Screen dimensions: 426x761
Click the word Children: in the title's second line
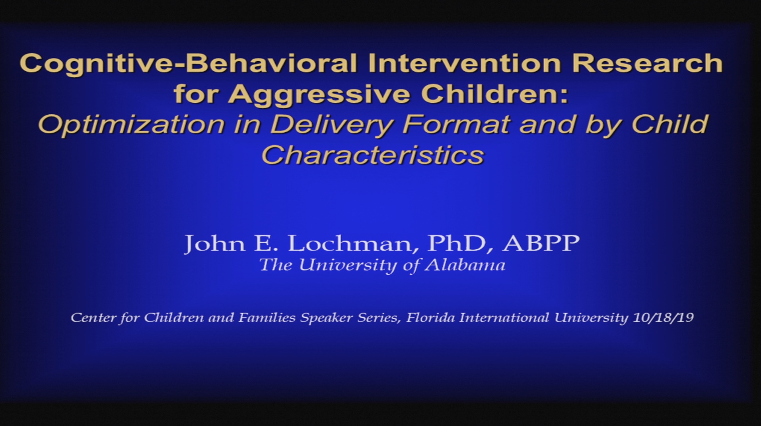494,94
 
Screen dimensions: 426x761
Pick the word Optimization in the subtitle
131,125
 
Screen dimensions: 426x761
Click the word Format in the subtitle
456,124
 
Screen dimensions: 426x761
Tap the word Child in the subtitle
670,124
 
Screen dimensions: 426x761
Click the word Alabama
465,265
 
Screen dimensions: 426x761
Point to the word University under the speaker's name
348,265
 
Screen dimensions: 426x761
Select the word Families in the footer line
267,318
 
